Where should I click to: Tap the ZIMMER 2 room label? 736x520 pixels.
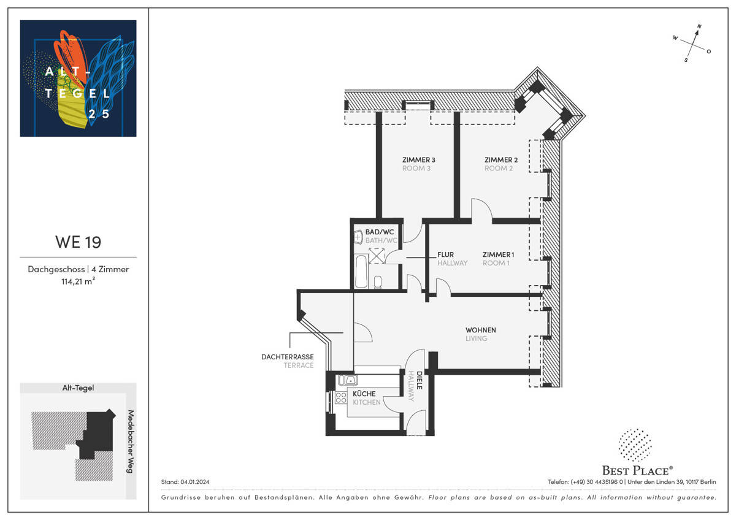500,160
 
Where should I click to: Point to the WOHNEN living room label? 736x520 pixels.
480,330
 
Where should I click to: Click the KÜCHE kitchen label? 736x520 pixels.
364,394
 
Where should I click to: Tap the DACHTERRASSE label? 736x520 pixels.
287,357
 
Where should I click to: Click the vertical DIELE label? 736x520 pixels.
420,381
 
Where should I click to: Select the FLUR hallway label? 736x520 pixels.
445,254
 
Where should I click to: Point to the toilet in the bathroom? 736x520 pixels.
378,282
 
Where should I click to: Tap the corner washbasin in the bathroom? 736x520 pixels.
359,236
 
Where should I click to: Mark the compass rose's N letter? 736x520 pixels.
699,26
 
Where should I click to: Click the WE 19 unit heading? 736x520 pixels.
78,242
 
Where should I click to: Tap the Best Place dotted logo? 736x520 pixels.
635,445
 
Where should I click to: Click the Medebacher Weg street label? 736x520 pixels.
130,440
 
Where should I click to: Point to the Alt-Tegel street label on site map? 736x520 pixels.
78,388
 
